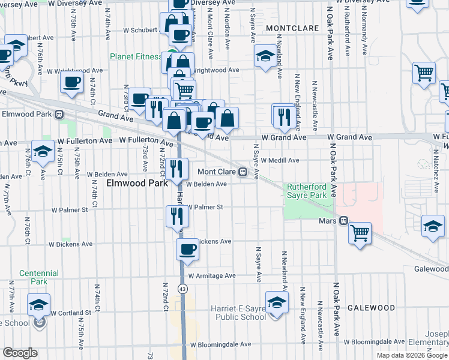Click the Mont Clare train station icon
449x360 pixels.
(x=243, y=172)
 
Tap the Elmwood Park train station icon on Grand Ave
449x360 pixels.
(x=59, y=114)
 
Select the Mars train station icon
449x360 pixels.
(x=343, y=221)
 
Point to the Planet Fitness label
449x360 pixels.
(x=135, y=57)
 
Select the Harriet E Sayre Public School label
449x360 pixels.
(x=238, y=313)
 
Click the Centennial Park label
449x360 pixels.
(x=39, y=277)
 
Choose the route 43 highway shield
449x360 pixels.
(x=182, y=289)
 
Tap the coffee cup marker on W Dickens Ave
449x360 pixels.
(x=187, y=249)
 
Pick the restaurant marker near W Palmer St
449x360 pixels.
(x=175, y=215)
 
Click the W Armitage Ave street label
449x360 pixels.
(x=212, y=276)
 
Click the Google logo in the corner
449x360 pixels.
(x=20, y=353)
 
